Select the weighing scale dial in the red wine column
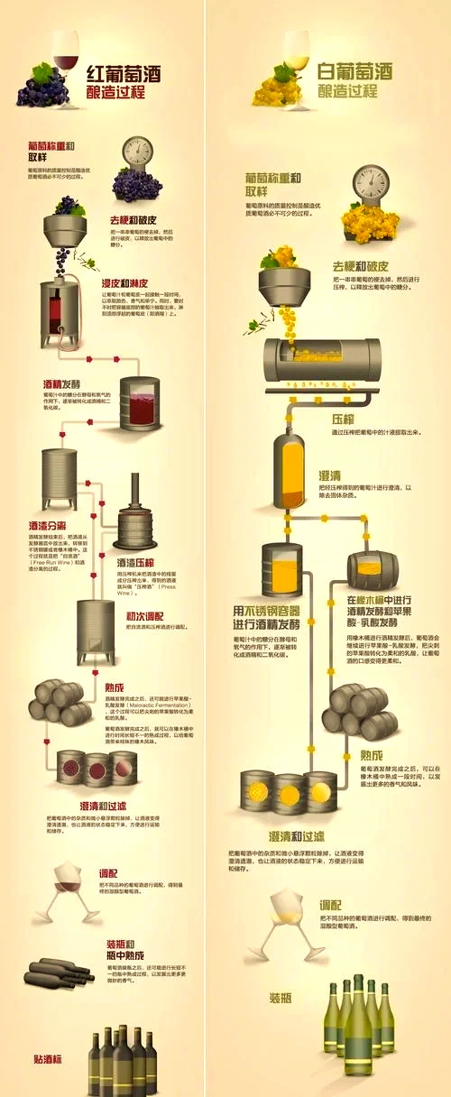click(x=137, y=152)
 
